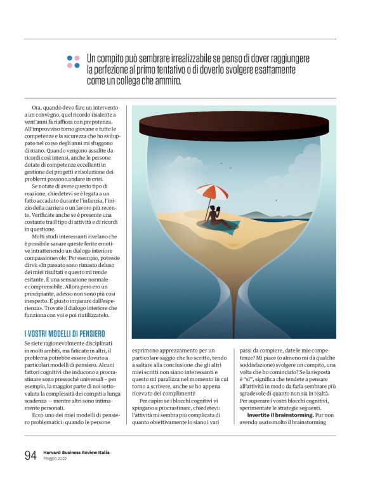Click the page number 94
[x=30, y=455]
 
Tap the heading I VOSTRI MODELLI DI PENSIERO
[x=65, y=333]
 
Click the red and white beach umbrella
[x=211, y=191]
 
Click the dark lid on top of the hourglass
[x=234, y=125]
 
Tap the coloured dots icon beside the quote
[x=74, y=61]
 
